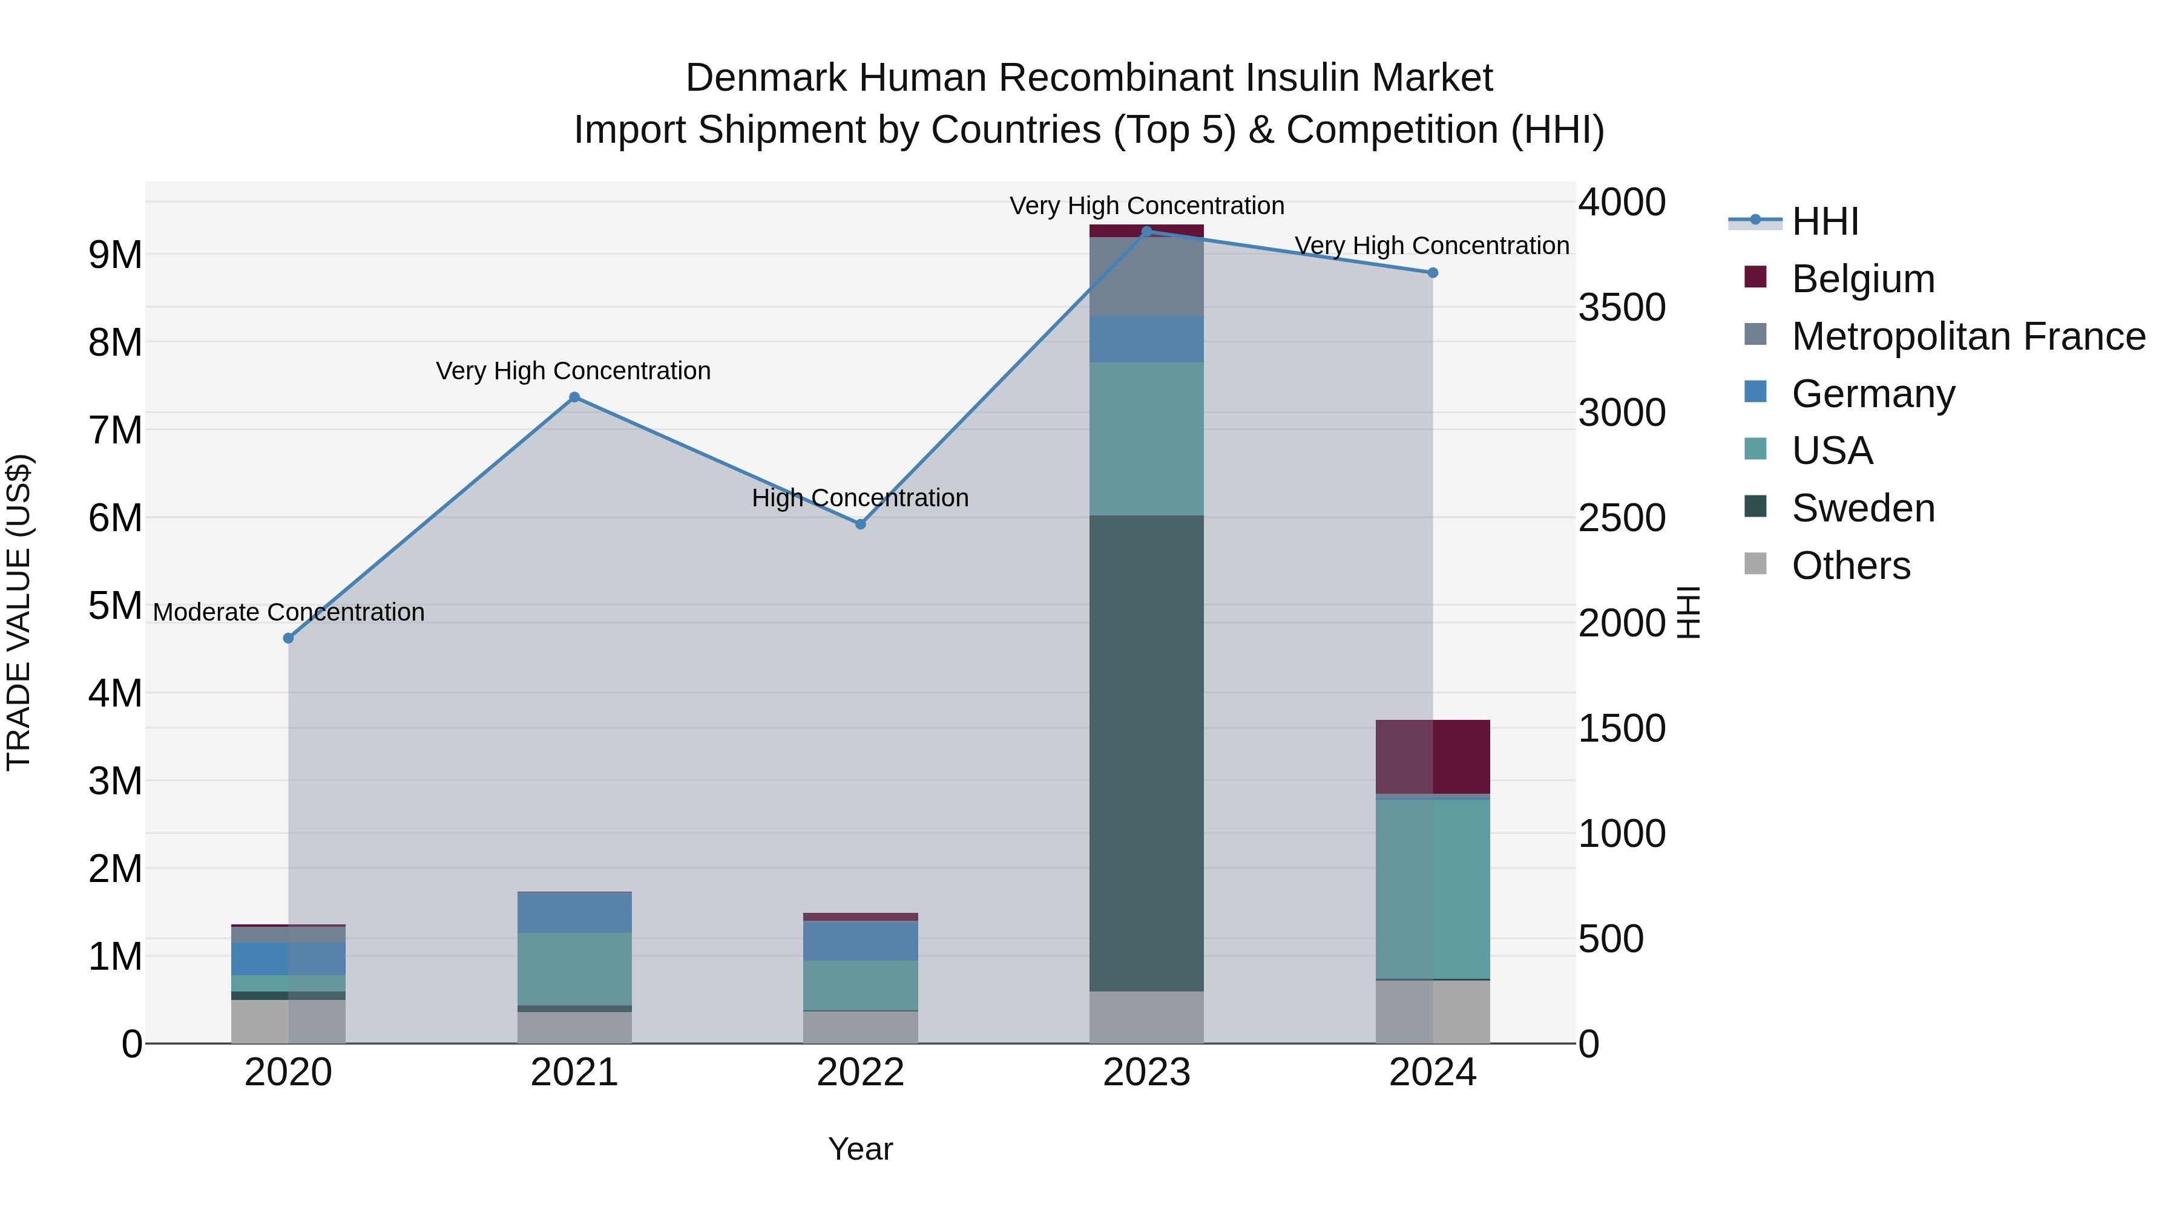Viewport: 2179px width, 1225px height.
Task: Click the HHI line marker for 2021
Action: pos(574,397)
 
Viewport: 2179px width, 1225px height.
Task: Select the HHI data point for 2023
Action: pos(1146,231)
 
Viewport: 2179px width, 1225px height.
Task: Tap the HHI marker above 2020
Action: pos(289,638)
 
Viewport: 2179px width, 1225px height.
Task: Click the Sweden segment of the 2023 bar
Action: pos(1146,753)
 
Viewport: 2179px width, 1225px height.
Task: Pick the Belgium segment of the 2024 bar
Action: pos(1432,757)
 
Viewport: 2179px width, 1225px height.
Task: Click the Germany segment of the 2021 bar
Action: pos(574,912)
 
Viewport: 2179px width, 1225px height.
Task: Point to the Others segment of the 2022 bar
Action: pos(860,1027)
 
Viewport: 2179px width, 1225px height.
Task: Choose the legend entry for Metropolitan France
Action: pos(1968,336)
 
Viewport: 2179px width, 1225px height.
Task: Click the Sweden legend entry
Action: pos(1862,508)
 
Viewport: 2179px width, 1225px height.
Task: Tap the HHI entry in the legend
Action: pos(1824,221)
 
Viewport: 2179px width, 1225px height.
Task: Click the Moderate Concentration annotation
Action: pos(289,612)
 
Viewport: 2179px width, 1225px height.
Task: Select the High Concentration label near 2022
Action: pos(860,498)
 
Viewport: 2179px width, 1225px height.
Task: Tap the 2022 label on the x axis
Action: pos(860,1073)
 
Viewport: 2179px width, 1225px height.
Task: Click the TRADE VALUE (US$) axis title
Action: pos(19,612)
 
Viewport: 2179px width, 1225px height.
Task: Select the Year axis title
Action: pos(860,1149)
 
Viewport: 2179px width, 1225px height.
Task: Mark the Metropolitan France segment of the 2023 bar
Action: pos(1146,277)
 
